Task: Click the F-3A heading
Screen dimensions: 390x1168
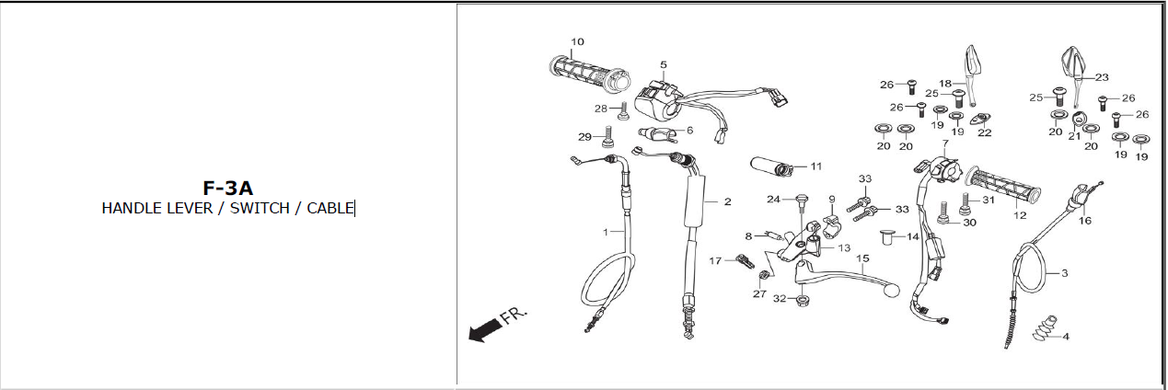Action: (227, 189)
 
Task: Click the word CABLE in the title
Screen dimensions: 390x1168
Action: (330, 209)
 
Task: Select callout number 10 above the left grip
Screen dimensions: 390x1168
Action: (577, 42)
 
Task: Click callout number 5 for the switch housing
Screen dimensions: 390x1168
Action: (663, 64)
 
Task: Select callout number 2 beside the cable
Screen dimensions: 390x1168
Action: (727, 201)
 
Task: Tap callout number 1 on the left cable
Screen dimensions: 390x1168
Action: (606, 232)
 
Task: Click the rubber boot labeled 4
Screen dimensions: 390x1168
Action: (1043, 330)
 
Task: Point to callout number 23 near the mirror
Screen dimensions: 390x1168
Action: (1102, 77)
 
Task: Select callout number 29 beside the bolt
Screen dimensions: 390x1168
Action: (584, 137)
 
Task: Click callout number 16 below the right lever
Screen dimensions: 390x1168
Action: (1085, 221)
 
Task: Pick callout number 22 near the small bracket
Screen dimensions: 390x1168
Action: (984, 132)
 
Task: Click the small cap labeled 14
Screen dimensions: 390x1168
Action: (888, 237)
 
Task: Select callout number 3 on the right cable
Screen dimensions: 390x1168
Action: (1065, 273)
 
